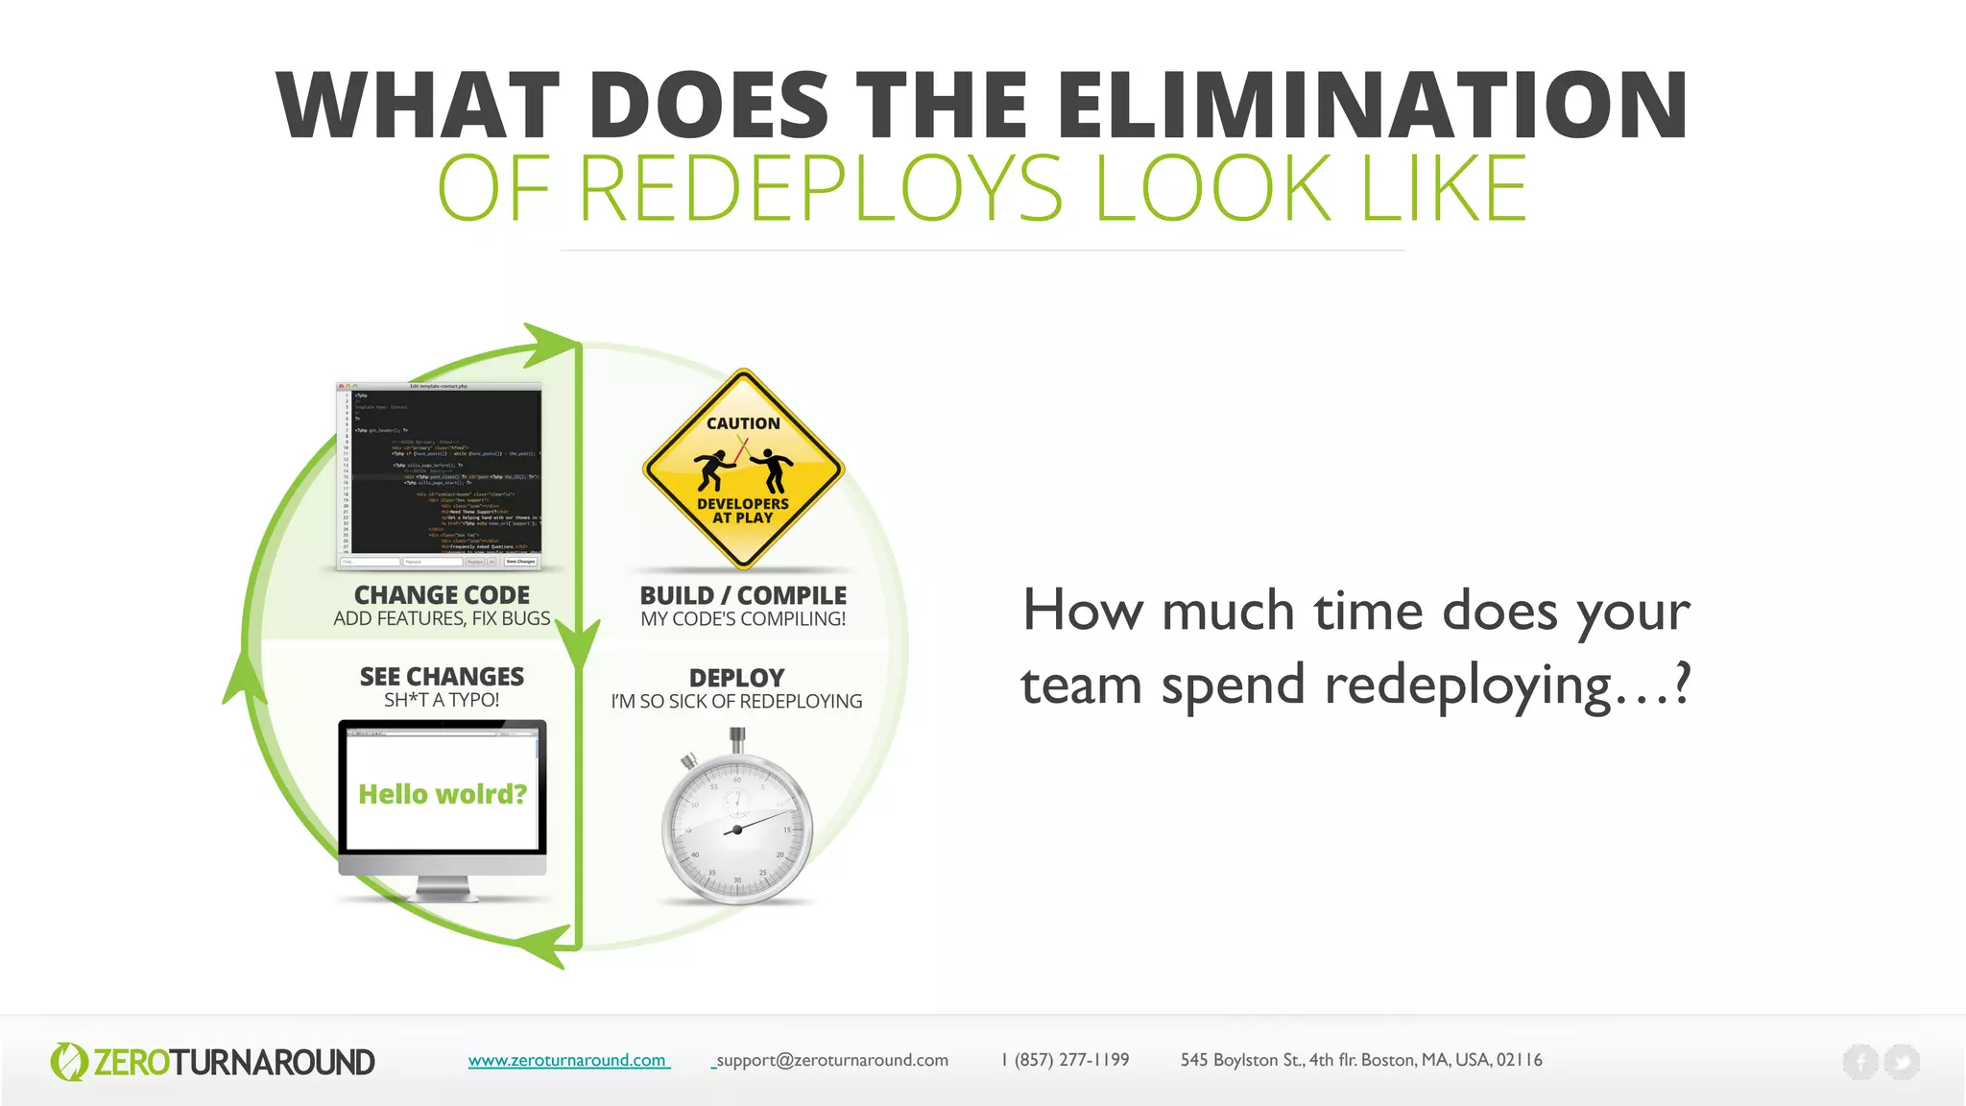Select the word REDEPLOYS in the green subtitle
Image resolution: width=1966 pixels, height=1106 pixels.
821,188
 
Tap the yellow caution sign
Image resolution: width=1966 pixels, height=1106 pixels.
743,469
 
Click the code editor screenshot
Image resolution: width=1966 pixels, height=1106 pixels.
440,475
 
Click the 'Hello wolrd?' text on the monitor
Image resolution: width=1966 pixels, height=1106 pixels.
443,794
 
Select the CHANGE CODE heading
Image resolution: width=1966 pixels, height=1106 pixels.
442,595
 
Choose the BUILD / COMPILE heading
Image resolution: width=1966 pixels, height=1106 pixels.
743,595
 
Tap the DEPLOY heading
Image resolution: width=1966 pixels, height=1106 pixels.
736,678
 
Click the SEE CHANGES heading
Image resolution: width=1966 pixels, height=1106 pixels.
442,677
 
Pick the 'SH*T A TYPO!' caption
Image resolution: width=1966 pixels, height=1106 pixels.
442,700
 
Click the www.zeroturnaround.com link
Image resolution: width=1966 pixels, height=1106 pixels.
567,1060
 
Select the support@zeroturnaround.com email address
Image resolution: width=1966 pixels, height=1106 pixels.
831,1060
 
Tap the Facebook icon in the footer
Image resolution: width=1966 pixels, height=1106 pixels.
1860,1062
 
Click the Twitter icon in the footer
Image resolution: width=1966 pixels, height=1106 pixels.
1902,1062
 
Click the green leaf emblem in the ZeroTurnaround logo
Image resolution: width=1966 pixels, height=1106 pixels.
68,1062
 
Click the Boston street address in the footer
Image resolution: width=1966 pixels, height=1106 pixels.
1361,1060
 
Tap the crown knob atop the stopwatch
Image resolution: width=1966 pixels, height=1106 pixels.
736,737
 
